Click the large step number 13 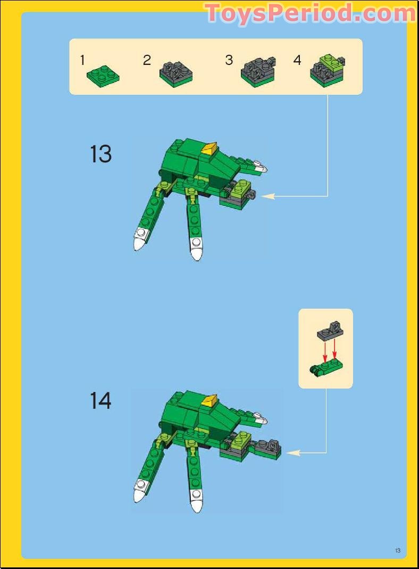[101, 154]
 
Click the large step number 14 [101, 400]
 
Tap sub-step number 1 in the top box [82, 60]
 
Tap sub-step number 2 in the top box [147, 60]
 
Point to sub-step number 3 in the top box [229, 60]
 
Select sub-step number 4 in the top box [297, 60]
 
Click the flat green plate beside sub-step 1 [103, 75]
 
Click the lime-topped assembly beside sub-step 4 [327, 71]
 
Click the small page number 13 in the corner [397, 550]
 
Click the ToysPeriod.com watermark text [309, 13]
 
